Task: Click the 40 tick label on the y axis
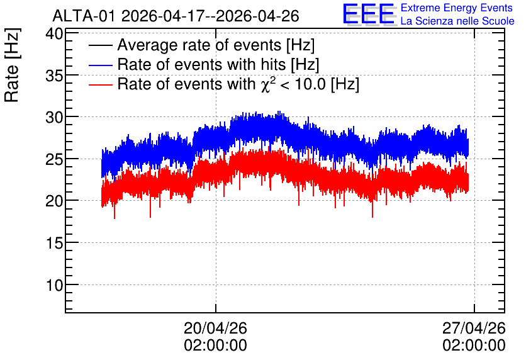[54, 33]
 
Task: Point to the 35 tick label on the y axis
[54, 76]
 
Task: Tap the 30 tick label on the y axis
[54, 118]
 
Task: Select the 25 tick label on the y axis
[54, 160]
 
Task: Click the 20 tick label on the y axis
[54, 201]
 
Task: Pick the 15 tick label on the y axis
[54, 244]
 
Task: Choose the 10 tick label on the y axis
[54, 286]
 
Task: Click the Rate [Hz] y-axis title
[12, 65]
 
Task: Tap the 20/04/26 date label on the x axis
[215, 329]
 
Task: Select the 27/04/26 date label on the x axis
[474, 329]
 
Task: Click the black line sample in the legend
[100, 45]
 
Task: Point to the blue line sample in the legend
[100, 65]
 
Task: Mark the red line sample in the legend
[100, 84]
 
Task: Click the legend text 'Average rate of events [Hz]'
[216, 45]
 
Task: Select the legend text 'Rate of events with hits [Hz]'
[218, 64]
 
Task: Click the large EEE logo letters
[368, 14]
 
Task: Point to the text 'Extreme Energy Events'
[457, 8]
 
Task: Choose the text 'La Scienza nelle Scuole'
[457, 21]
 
